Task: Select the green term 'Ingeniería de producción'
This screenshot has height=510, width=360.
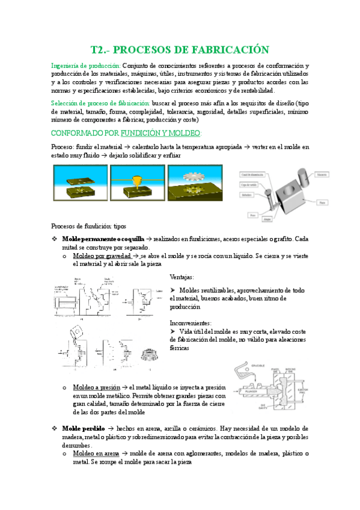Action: (x=86, y=65)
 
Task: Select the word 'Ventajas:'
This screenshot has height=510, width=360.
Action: (x=182, y=277)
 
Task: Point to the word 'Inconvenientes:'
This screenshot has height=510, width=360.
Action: (x=191, y=322)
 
